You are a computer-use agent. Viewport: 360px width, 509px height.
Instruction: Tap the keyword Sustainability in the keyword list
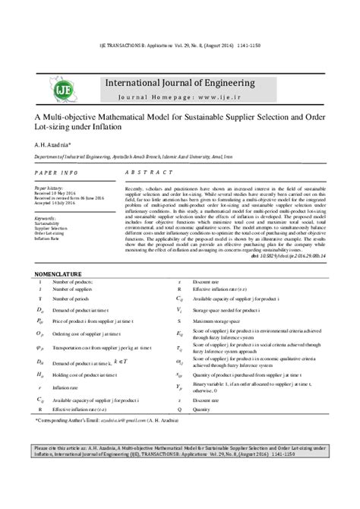[50, 221]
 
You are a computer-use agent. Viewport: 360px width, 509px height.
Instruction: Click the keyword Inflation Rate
[48, 238]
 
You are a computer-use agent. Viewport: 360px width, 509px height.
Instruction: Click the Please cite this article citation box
[179, 453]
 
